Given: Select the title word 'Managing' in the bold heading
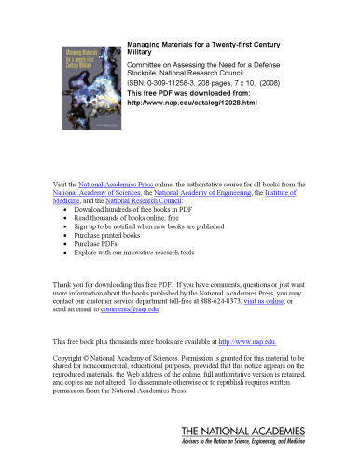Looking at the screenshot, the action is pos(145,44).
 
